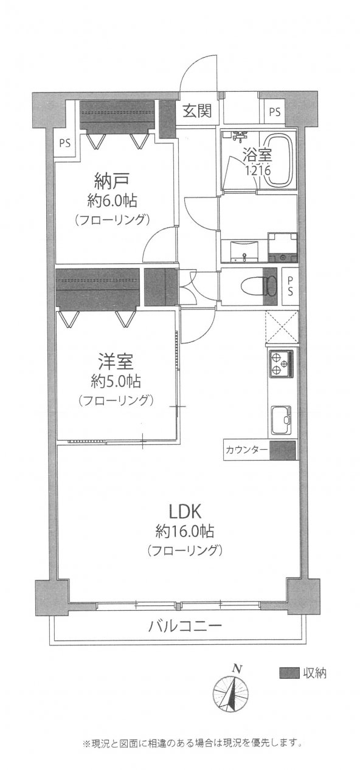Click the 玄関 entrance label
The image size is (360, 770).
(x=197, y=111)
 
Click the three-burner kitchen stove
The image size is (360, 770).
(x=281, y=364)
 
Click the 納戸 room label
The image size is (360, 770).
(x=112, y=180)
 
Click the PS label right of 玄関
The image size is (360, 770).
(x=275, y=112)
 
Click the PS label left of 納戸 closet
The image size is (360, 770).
(x=64, y=144)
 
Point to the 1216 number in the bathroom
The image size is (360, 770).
(x=258, y=172)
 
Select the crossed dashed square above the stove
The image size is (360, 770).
(x=281, y=327)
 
